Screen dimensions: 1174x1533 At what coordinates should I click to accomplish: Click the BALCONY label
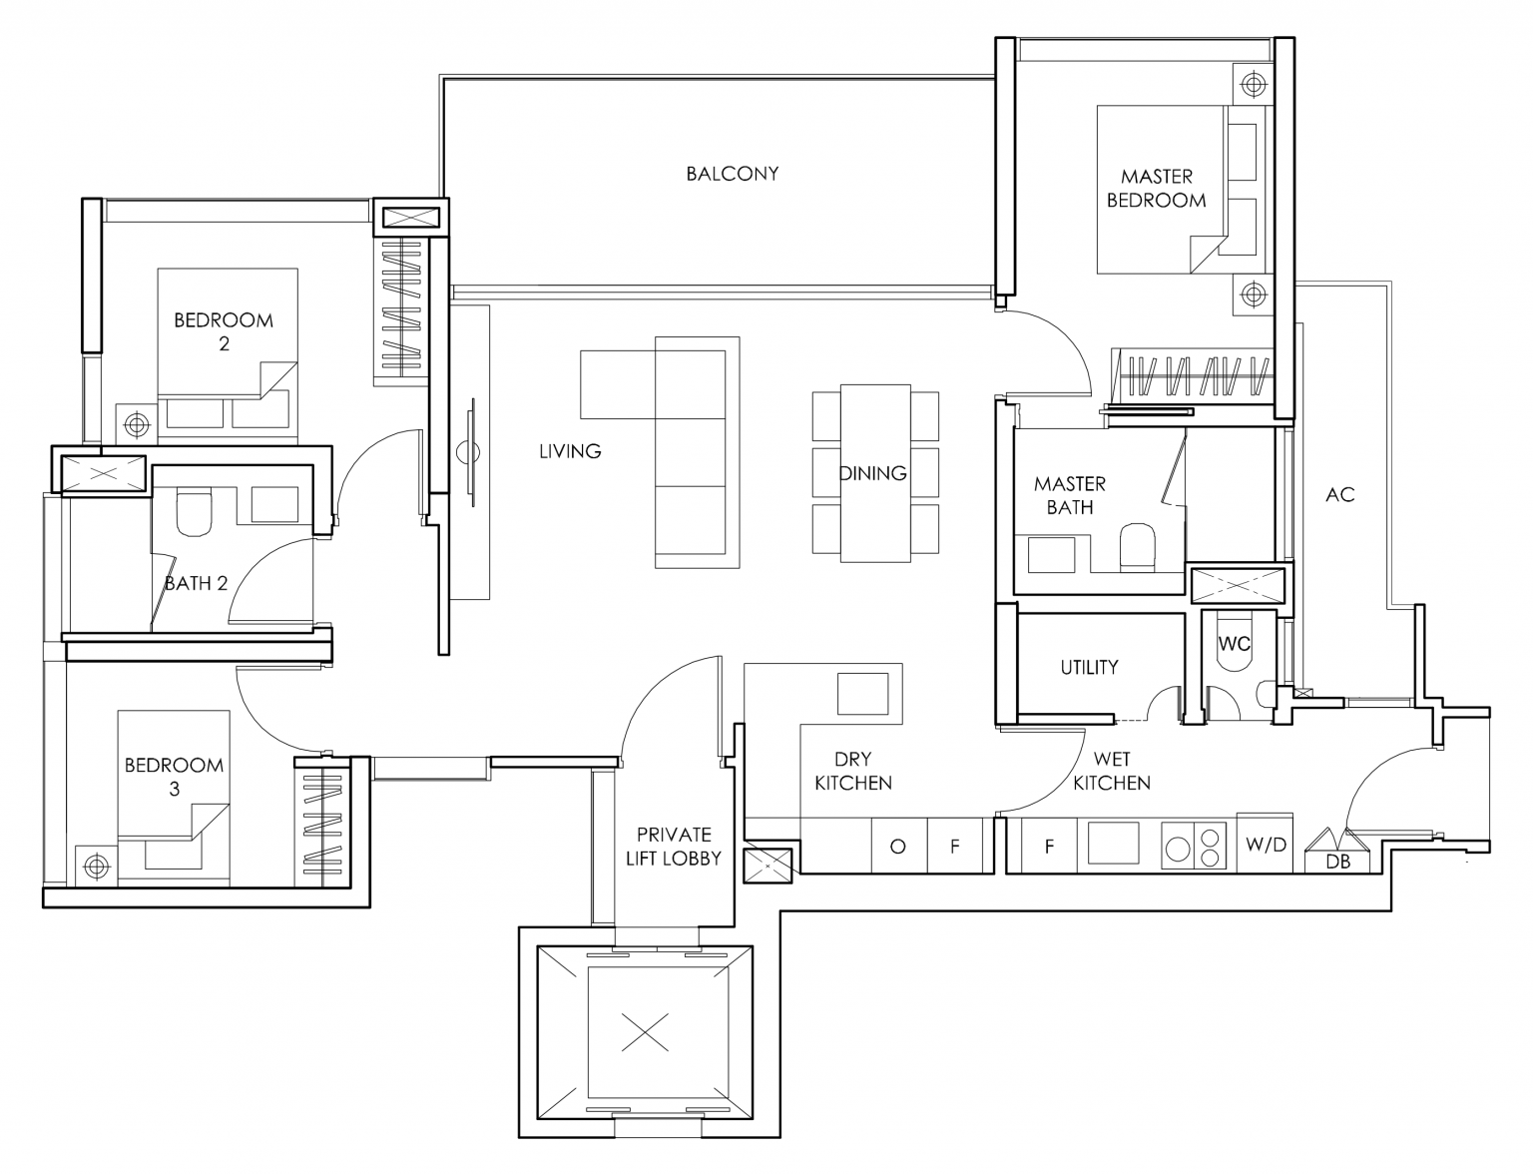[732, 174]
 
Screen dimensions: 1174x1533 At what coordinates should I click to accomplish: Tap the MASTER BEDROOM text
[1156, 189]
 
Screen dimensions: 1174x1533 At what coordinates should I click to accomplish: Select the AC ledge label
[1339, 495]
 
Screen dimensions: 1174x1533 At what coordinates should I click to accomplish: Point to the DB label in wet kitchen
[1337, 862]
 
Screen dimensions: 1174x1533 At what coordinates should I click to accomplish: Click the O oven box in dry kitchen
[898, 847]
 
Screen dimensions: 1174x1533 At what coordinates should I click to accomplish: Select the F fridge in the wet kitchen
[1049, 847]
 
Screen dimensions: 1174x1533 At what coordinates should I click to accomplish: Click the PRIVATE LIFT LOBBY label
[674, 846]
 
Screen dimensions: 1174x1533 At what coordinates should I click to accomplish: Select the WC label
[1234, 644]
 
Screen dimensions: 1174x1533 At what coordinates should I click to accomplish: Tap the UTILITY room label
[1089, 667]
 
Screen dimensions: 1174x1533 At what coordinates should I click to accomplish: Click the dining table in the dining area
[874, 473]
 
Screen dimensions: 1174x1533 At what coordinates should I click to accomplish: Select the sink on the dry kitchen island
[862, 694]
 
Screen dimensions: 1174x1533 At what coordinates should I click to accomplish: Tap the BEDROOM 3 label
[173, 777]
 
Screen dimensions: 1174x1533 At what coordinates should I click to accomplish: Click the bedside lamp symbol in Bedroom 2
[136, 425]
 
